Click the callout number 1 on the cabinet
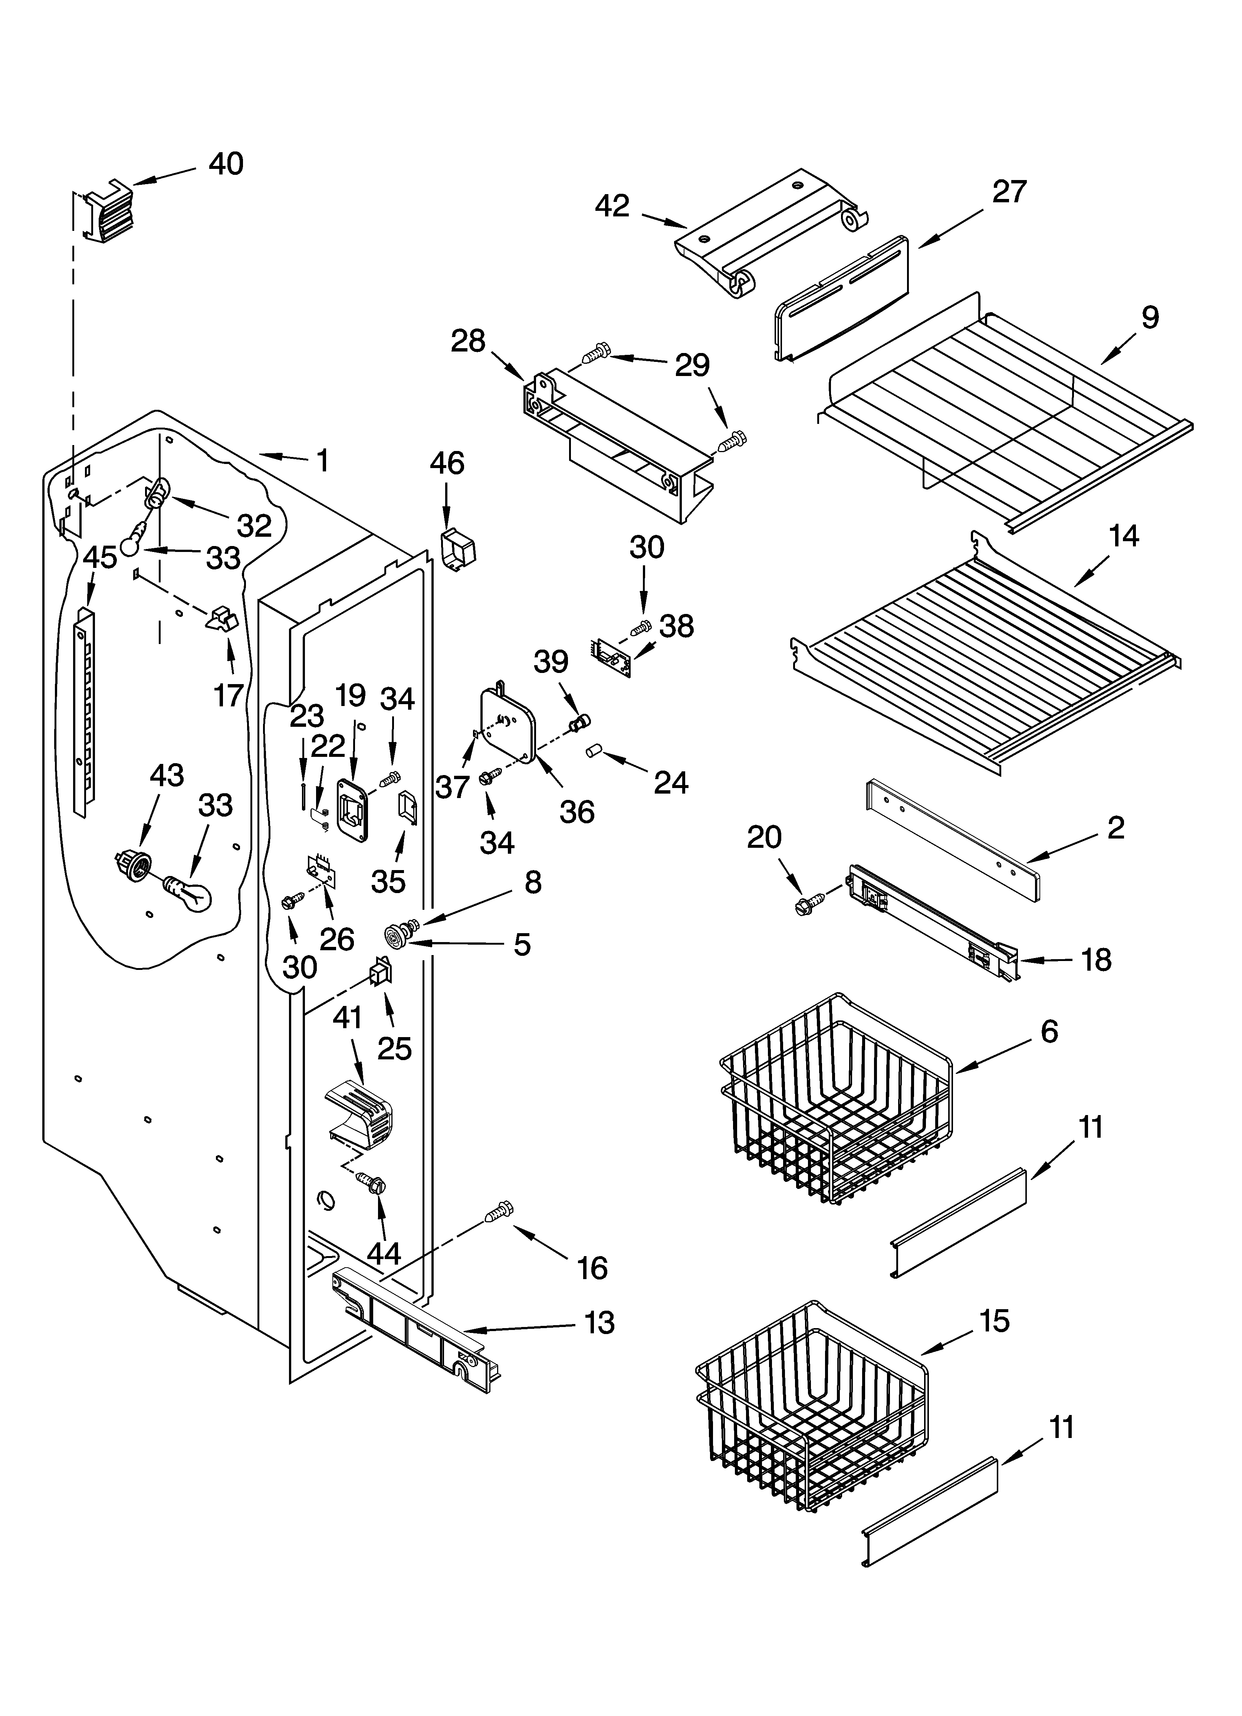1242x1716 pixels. pyautogui.click(x=323, y=460)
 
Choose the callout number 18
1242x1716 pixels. pyautogui.click(x=1096, y=960)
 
